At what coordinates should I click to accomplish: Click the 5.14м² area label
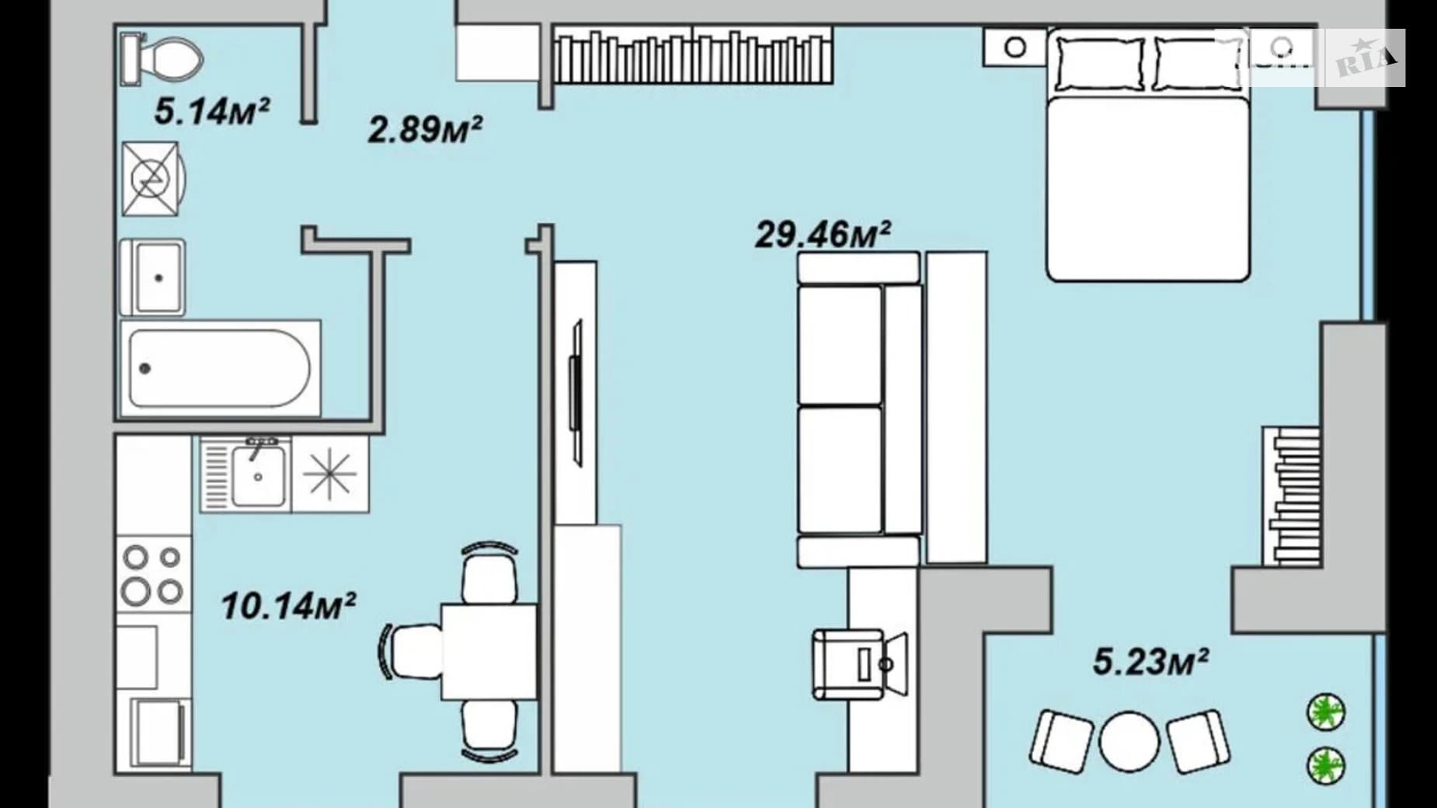tap(211, 111)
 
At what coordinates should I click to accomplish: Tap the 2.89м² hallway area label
tap(425, 129)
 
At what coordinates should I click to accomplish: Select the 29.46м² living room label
tap(823, 234)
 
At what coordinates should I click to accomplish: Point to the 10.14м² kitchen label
tap(288, 606)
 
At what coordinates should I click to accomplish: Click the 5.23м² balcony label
tap(1150, 662)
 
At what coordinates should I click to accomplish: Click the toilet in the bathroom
tap(162, 59)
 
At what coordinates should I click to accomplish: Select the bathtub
tap(221, 368)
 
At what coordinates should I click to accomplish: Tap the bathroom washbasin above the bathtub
tap(153, 277)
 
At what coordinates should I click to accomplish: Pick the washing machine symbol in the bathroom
tap(153, 179)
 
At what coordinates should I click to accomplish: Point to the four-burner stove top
tap(153, 574)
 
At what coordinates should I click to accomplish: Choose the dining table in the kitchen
tap(489, 652)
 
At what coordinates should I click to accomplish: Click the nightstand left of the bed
tap(1015, 47)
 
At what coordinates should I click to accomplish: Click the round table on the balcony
tap(1129, 741)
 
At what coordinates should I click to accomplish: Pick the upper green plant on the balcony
tap(1326, 712)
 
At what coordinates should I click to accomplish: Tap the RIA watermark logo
tap(1365, 58)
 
